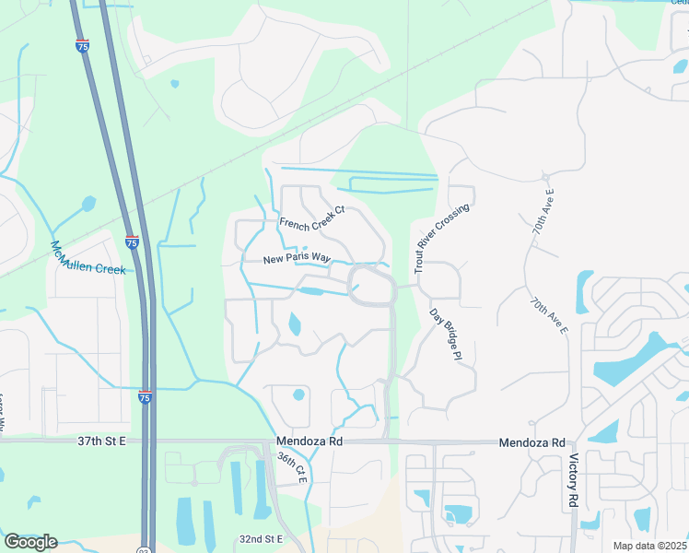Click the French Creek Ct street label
pyautogui.click(x=312, y=216)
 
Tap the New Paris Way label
pyautogui.click(x=296, y=260)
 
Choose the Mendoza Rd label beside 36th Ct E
pyautogui.click(x=309, y=442)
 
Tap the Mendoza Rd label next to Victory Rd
pyautogui.click(x=531, y=442)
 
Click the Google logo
pyautogui.click(x=30, y=541)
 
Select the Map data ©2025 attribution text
pyautogui.click(x=649, y=546)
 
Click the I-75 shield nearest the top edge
pyautogui.click(x=83, y=46)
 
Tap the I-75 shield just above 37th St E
pyautogui.click(x=145, y=395)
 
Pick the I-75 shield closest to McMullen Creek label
pyautogui.click(x=133, y=242)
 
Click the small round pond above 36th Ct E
pyautogui.click(x=298, y=395)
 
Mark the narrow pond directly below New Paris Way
pyautogui.click(x=311, y=291)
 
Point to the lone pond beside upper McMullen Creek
pyautogui.click(x=88, y=203)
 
